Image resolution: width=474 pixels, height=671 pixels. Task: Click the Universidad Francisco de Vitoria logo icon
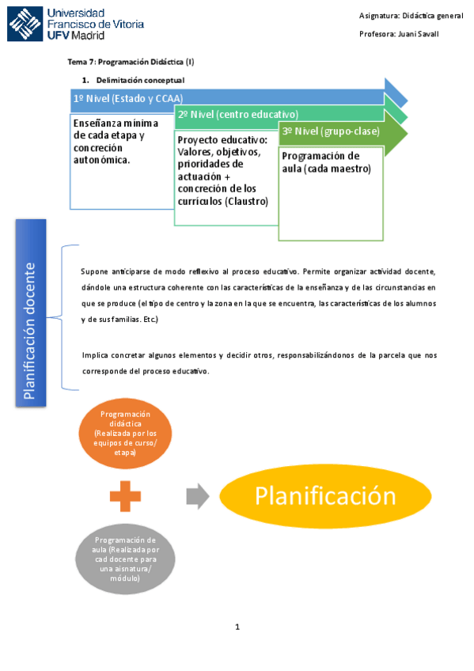point(25,24)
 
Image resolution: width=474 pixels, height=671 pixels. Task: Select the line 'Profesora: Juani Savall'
point(399,34)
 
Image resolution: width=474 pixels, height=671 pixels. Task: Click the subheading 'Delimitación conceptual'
point(140,80)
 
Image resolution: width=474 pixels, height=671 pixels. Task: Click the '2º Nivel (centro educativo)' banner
point(237,114)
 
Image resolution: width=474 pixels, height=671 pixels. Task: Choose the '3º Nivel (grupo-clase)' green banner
point(331,131)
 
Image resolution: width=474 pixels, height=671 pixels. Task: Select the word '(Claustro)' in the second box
point(247,201)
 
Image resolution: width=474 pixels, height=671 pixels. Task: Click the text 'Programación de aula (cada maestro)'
point(320,162)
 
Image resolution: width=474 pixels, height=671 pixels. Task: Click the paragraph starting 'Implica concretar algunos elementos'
point(259,363)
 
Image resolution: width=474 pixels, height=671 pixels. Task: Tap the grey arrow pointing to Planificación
point(197,497)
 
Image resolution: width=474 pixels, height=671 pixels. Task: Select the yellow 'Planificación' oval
point(324,496)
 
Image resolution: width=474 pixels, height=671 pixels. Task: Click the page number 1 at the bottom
point(237,627)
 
